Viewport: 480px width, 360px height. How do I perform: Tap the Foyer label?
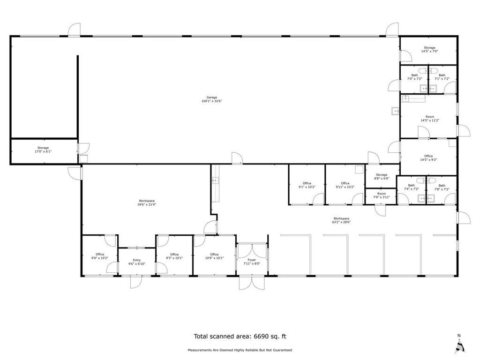click(x=252, y=261)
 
